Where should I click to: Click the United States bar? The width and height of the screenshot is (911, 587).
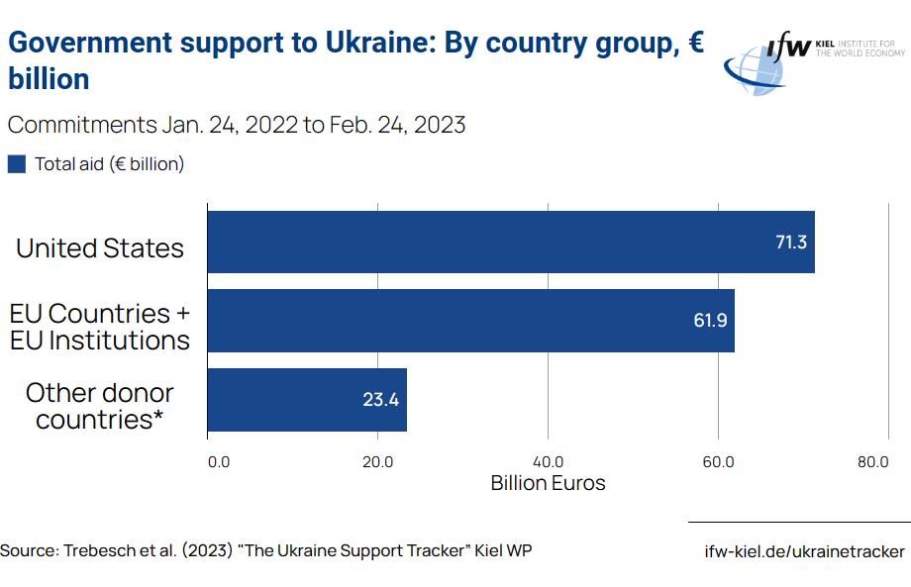510,242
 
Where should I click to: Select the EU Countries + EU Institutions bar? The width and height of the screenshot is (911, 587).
470,321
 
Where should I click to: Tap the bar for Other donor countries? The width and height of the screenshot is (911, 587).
307,400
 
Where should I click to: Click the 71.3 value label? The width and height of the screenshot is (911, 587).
790,243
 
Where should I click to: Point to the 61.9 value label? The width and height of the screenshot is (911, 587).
710,321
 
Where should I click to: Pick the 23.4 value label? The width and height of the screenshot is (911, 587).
380,400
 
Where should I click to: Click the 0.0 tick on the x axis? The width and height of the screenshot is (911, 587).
218,461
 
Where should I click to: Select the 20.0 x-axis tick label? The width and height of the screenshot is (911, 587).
377,461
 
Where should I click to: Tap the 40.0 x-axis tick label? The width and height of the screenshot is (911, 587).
548,461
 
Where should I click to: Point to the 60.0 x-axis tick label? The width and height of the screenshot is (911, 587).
718,461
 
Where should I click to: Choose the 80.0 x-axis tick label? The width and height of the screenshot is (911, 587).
872,461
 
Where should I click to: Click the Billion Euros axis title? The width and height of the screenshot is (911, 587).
548,483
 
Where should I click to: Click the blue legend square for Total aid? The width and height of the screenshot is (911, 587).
17,164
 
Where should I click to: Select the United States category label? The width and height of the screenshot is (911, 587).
100,247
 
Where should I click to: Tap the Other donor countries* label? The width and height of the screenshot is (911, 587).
100,406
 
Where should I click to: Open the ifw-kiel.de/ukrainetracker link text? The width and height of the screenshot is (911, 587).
804,551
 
